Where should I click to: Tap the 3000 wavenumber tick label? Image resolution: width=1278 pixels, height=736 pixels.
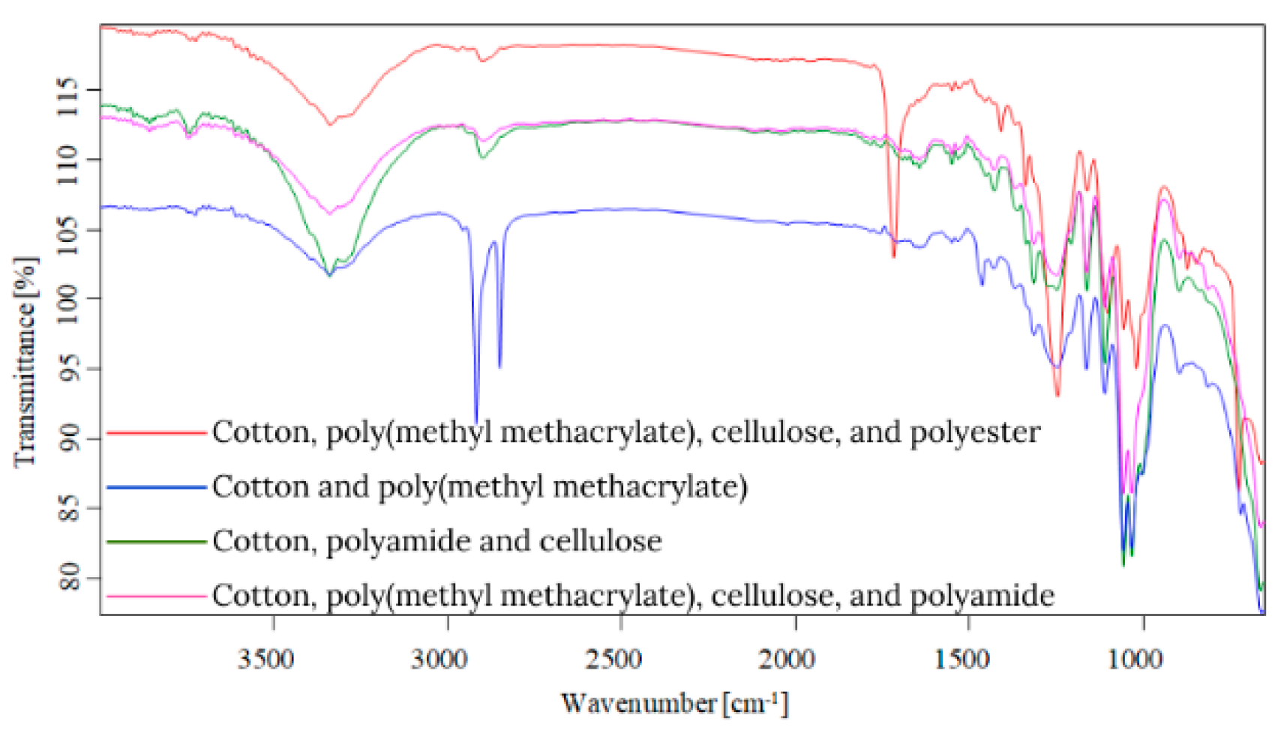(x=446, y=660)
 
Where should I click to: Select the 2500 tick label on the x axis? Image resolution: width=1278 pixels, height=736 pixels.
(x=620, y=660)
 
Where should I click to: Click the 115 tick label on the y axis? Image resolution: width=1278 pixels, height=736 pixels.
(x=69, y=91)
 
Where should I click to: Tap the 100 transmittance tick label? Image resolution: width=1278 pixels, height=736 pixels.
(x=69, y=298)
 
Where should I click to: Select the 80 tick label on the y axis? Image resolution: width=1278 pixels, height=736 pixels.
(x=69, y=577)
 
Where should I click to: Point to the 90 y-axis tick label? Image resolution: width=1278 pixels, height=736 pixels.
(x=69, y=438)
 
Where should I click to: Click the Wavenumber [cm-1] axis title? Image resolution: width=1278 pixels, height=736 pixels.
(x=674, y=703)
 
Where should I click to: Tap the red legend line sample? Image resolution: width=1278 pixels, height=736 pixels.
(x=156, y=433)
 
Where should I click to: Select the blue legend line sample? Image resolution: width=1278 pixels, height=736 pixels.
(x=156, y=488)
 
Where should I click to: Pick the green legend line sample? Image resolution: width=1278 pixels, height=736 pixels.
(x=156, y=542)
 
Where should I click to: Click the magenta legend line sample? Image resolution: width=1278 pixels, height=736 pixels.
(x=156, y=597)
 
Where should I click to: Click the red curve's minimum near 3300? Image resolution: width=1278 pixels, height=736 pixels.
(x=328, y=124)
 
